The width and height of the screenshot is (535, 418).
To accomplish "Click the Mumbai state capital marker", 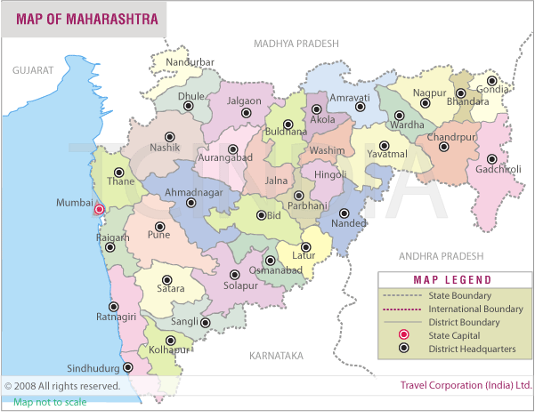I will pos(99,210).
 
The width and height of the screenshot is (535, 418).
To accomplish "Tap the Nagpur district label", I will pos(430,92).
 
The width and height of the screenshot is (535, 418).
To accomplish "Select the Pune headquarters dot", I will pos(160,227).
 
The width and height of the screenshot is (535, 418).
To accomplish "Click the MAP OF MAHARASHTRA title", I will pos(87,19).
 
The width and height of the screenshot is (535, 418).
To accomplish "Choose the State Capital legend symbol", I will pos(402,335).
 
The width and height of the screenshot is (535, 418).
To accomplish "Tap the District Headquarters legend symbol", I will pos(402,349).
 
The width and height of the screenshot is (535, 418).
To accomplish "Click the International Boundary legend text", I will pos(476,309).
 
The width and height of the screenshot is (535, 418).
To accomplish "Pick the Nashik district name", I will pos(166,148).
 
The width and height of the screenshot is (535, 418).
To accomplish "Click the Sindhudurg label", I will pos(93,367).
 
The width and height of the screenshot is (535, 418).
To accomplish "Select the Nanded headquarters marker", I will pos(345,213).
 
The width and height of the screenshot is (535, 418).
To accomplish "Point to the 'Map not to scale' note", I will pos(50,403).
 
